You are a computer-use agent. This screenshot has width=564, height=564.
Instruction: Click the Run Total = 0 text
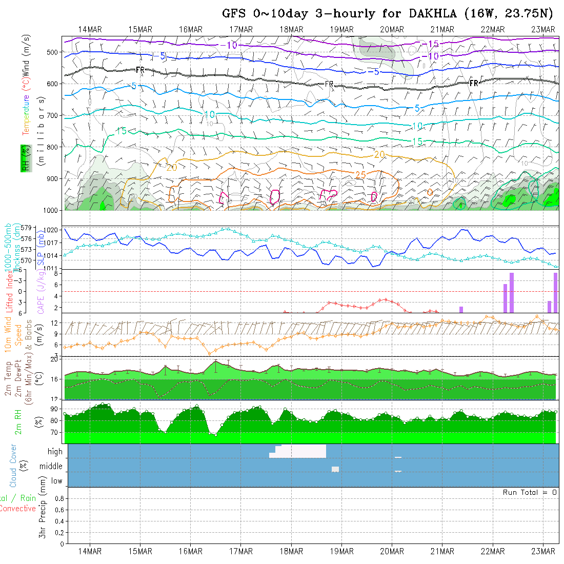(530, 492)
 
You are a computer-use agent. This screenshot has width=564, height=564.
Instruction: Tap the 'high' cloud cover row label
(55, 452)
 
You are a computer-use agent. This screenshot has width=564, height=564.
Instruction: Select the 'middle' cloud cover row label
(51, 467)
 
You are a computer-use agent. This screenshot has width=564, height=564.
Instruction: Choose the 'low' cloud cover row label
(56, 481)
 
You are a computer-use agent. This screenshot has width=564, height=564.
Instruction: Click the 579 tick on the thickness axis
(28, 228)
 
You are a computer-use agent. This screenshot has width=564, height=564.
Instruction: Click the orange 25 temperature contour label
(360, 175)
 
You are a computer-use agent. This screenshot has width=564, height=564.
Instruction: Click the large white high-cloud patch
(303, 451)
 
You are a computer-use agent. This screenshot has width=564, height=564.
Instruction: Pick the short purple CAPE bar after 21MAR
(461, 309)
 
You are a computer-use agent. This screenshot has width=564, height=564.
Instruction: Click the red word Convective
(17, 509)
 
